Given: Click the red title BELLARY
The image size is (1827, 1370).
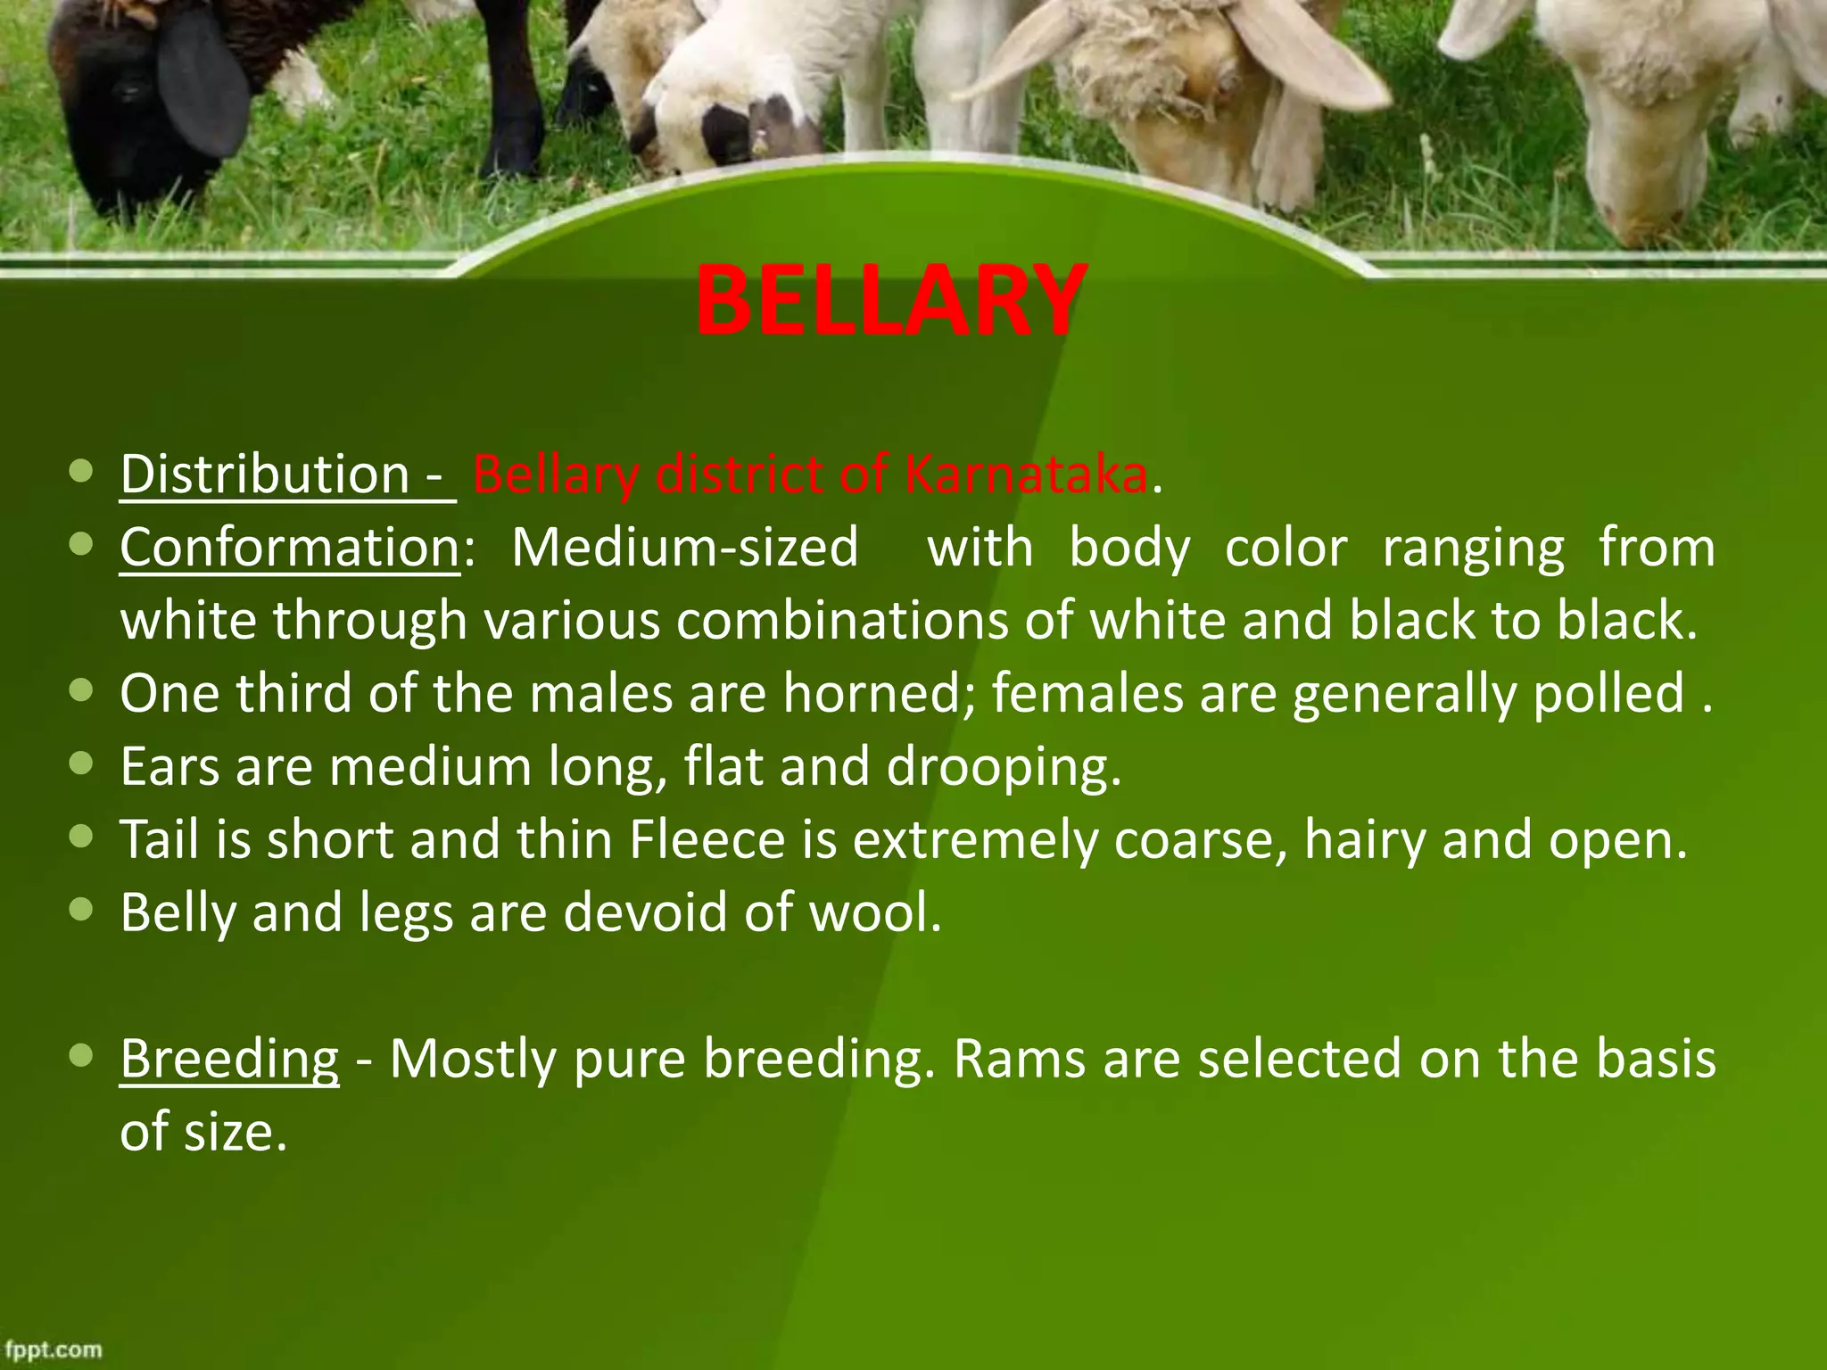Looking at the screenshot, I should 890,301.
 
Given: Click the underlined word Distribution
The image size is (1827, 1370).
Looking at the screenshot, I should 264,474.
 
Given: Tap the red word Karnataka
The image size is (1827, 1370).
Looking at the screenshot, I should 1026,474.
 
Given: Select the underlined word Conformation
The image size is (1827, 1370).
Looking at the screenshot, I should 290,547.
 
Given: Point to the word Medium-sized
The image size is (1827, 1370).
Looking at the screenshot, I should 684,547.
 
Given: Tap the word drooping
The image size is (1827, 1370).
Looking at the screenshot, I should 997,766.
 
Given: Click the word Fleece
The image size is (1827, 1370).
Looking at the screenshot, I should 707,839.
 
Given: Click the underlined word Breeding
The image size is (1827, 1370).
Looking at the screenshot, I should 229,1059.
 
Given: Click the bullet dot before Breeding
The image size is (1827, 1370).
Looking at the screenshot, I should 81,1057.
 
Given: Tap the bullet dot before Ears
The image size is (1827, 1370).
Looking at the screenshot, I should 81,764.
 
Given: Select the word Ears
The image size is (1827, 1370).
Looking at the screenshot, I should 169,766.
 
